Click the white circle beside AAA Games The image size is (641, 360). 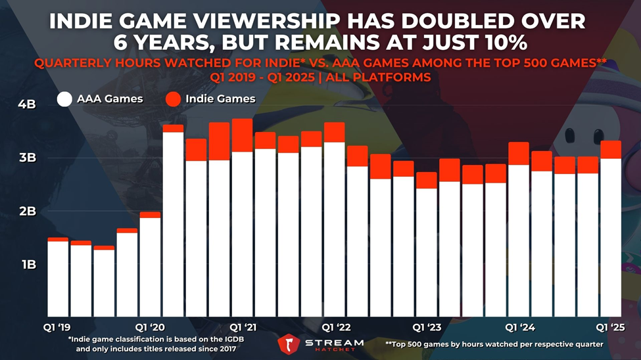[x=64, y=99]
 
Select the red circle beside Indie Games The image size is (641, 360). [x=173, y=99]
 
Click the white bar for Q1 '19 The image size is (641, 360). [x=58, y=279]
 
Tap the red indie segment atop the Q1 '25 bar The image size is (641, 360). [x=611, y=150]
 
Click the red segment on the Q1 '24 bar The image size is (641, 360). [x=519, y=154]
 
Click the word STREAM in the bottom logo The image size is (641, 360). [x=334, y=342]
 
